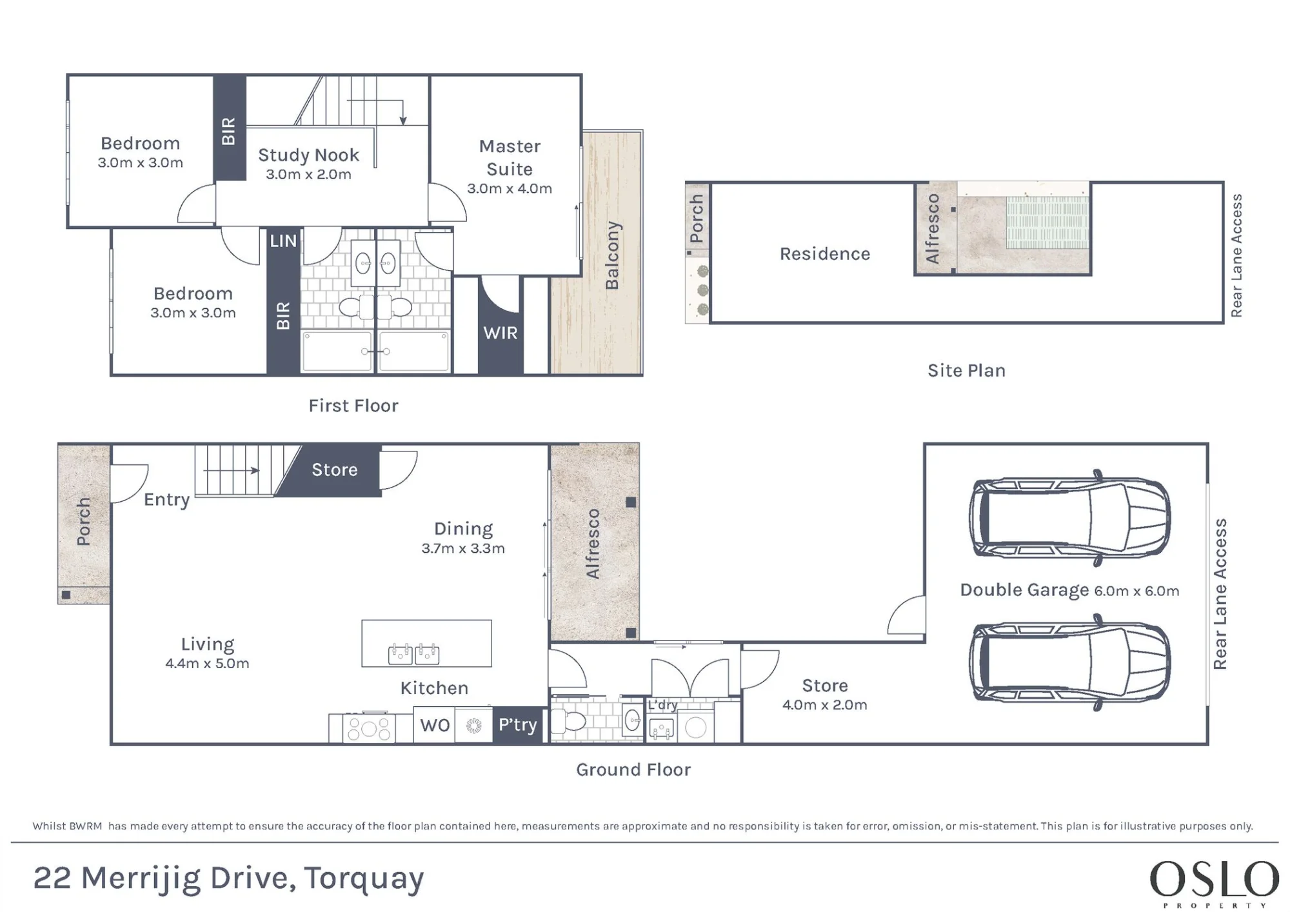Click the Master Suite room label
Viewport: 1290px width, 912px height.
pos(510,157)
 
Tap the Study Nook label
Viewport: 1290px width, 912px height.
pos(308,155)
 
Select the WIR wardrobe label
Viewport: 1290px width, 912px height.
pos(501,333)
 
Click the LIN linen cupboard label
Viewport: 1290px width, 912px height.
pos(283,241)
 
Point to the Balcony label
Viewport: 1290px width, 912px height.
pos(612,255)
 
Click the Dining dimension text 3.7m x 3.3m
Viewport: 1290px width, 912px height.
pos(463,548)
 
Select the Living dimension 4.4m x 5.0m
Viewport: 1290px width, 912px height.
pos(207,663)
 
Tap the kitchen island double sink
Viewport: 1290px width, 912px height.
pos(413,653)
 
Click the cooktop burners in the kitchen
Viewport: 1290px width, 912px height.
pos(368,728)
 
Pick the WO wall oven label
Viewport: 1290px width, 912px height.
pos(435,725)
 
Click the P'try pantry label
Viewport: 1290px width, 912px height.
pos(517,725)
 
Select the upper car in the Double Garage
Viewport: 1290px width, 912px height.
pos(1070,517)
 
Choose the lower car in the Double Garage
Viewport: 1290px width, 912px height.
pos(1070,662)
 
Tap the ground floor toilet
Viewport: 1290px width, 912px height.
pos(568,721)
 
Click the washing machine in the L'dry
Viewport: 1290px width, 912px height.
pos(695,727)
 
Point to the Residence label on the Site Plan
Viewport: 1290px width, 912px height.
pos(825,254)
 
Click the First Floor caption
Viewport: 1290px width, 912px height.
pos(353,406)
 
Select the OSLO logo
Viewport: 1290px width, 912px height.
pos(1215,883)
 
